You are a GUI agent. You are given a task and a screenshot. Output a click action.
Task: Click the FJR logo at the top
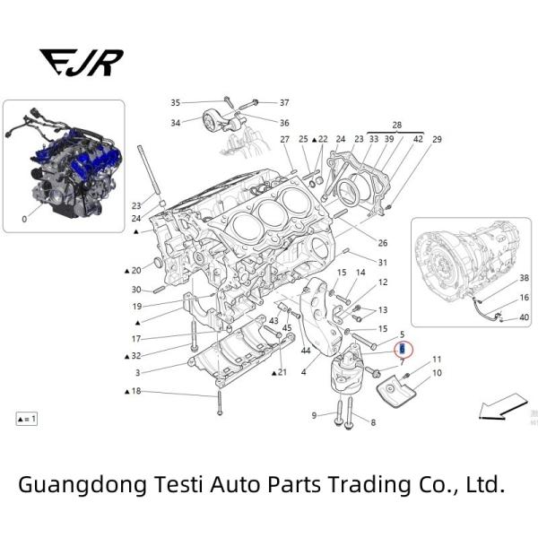(82, 62)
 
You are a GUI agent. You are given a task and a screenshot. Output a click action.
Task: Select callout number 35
(176, 103)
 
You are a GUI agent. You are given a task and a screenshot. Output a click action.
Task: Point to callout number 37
(284, 103)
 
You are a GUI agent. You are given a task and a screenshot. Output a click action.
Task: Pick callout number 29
(437, 140)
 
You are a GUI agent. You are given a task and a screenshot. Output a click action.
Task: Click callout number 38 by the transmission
(525, 278)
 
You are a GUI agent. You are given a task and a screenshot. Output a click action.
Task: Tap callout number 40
(525, 317)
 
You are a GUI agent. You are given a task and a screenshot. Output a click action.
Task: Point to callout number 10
(437, 372)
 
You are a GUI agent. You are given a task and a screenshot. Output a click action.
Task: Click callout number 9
(315, 415)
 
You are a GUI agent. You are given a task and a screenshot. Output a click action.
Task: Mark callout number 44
(306, 350)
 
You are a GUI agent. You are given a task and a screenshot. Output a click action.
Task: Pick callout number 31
(382, 263)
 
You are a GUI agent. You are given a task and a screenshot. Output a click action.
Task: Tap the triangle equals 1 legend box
(27, 419)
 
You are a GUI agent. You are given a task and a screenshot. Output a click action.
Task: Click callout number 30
(136, 290)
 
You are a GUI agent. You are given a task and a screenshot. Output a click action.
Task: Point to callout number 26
(382, 243)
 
